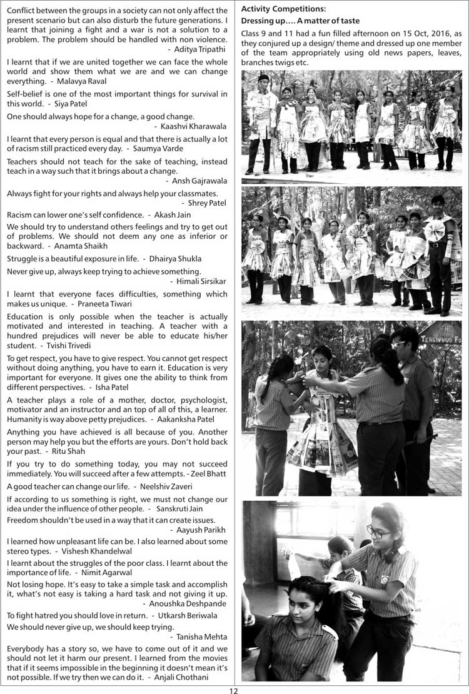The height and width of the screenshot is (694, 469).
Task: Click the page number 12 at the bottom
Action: point(234,690)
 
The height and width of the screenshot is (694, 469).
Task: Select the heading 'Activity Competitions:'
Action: point(283,9)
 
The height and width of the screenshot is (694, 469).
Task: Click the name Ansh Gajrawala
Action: point(199,181)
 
